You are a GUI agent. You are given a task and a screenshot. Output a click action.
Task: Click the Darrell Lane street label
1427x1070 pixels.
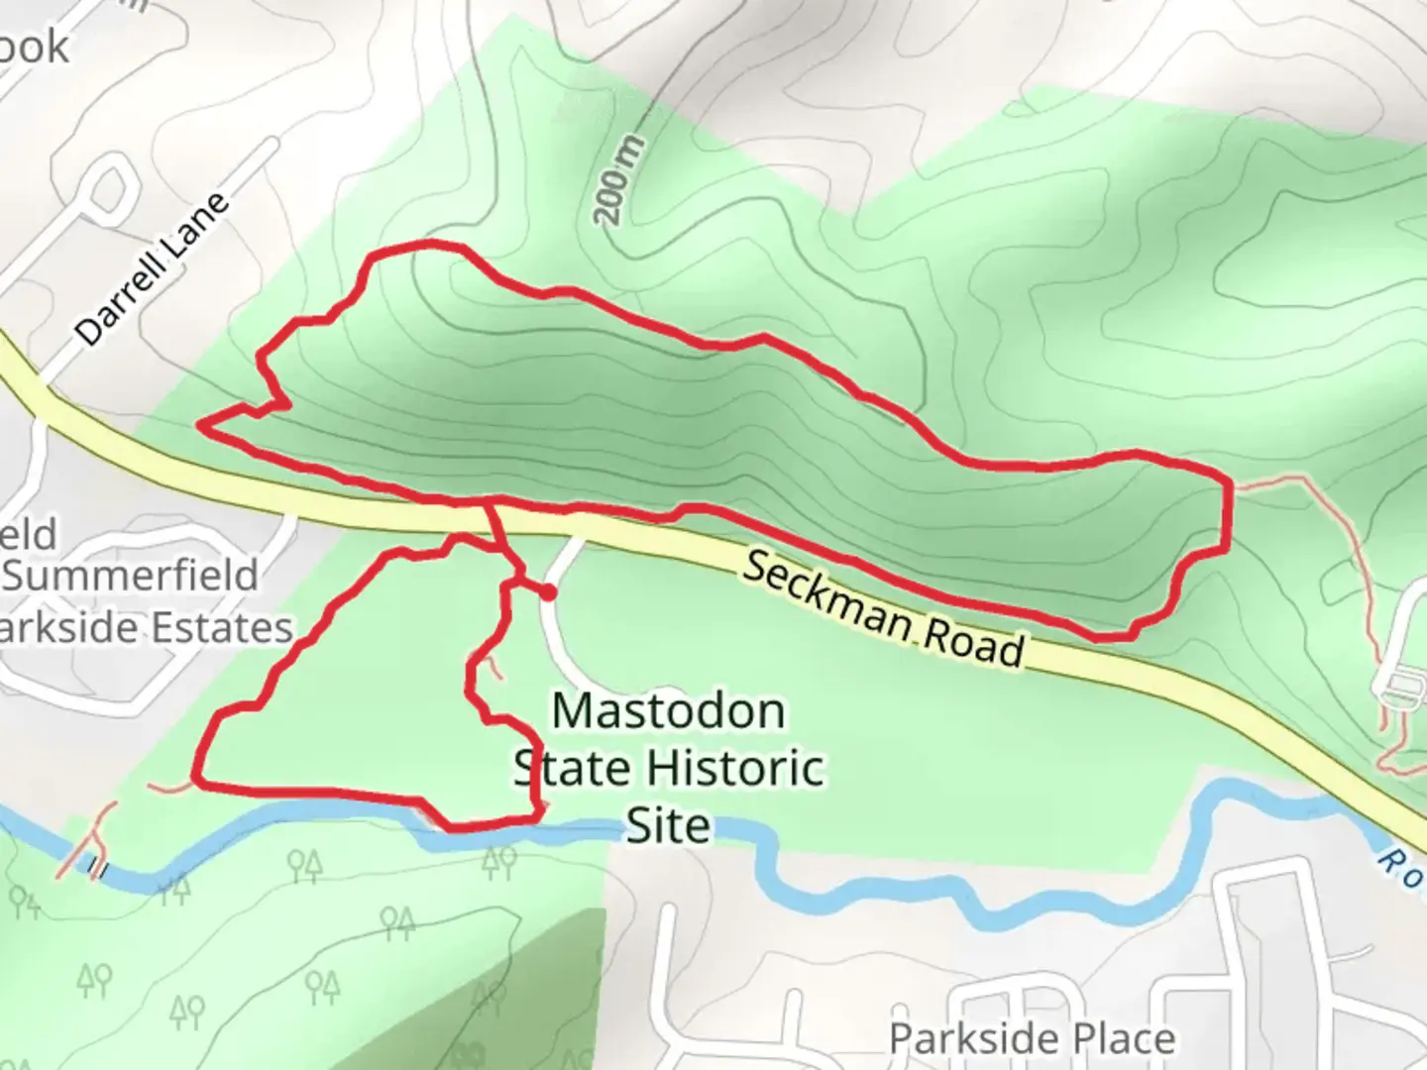pyautogui.click(x=153, y=269)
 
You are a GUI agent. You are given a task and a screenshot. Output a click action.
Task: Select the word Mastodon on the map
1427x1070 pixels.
pyautogui.click(x=668, y=711)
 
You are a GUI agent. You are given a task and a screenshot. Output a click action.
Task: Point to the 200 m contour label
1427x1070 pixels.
pyautogui.click(x=620, y=181)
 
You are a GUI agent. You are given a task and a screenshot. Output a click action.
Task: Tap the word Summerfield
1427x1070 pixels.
pyautogui.click(x=135, y=576)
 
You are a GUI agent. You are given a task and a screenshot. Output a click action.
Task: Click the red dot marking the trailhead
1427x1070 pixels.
pyautogui.click(x=546, y=592)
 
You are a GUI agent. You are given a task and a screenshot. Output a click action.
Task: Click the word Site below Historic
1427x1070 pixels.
pyautogui.click(x=668, y=825)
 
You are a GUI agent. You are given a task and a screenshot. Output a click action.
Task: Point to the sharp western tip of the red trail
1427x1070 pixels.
pyautogui.click(x=201, y=425)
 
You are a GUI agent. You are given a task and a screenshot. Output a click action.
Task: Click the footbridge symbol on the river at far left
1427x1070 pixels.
pyautogui.click(x=97, y=869)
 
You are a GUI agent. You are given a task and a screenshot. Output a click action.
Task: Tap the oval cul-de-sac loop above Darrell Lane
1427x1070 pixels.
pyautogui.click(x=109, y=188)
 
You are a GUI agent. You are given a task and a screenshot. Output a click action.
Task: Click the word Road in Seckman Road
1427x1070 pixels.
pyautogui.click(x=972, y=645)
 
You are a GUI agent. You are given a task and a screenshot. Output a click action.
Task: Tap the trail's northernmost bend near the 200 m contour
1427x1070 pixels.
pyautogui.click(x=426, y=244)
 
